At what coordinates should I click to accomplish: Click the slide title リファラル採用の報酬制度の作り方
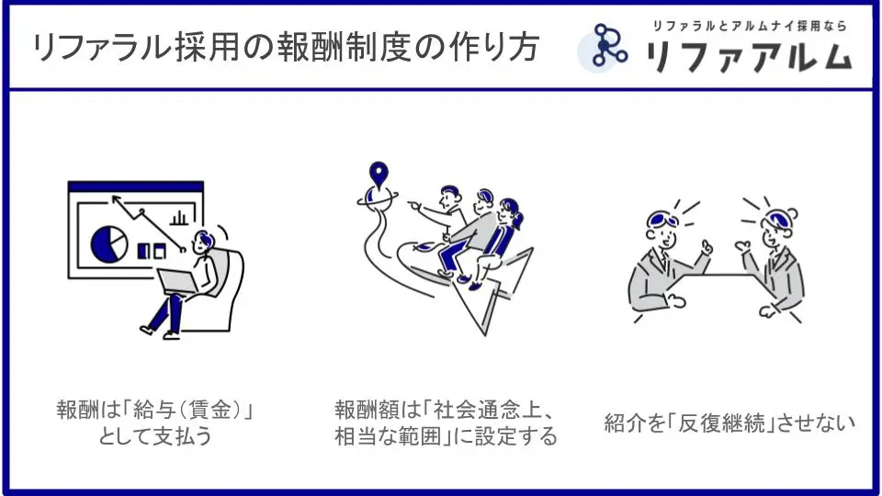pyautogui.click(x=286, y=47)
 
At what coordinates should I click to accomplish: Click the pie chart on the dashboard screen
pyautogui.click(x=108, y=244)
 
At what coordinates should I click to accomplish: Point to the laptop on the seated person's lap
pyautogui.click(x=176, y=281)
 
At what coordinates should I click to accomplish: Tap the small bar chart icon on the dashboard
pyautogui.click(x=179, y=217)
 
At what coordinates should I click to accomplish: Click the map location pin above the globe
pyautogui.click(x=379, y=175)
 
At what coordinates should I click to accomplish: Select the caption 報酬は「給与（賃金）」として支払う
pyautogui.click(x=155, y=423)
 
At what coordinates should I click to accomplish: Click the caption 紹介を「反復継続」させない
pyautogui.click(x=729, y=423)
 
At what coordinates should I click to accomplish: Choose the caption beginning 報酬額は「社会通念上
pyautogui.click(x=446, y=423)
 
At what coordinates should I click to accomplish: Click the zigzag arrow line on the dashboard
pyautogui.click(x=148, y=222)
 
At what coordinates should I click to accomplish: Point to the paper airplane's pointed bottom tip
pyautogui.click(x=485, y=335)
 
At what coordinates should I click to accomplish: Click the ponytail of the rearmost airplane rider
pyautogui.click(x=518, y=220)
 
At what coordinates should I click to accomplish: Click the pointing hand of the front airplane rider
pyautogui.click(x=414, y=205)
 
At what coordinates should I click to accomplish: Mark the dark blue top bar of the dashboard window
pyautogui.click(x=136, y=186)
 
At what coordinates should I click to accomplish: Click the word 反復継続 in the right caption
pyautogui.click(x=722, y=423)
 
